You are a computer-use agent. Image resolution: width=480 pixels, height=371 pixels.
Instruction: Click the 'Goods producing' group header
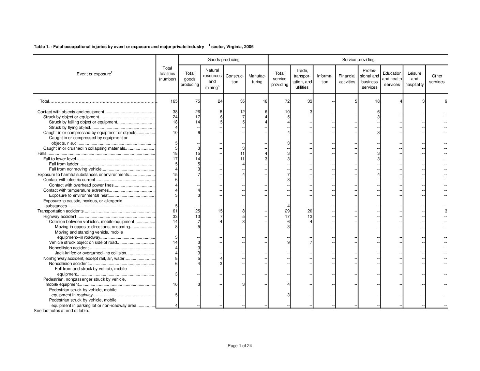pos(223,60)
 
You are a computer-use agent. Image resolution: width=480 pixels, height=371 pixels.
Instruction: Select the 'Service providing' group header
pos(358,60)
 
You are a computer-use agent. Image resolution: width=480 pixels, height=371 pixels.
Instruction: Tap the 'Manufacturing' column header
pos(257,79)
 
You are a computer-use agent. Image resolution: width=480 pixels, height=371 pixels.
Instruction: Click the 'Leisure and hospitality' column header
pos(414,79)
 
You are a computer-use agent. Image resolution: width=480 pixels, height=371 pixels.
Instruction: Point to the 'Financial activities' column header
pos(347,79)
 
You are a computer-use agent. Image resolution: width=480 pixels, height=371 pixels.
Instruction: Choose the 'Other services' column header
pos(437,79)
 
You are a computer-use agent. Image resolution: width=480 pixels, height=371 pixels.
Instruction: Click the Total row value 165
pos(174,101)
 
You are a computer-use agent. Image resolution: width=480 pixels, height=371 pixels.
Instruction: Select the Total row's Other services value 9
pos(446,101)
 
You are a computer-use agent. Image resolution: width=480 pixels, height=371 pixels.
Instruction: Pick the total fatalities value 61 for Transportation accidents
pos(175,211)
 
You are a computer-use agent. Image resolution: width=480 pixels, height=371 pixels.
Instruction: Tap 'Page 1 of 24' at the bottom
pos(240,346)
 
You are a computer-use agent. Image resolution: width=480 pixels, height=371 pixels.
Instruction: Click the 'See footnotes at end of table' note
pos(61,311)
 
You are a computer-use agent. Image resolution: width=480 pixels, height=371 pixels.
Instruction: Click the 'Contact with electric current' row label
pos(69,180)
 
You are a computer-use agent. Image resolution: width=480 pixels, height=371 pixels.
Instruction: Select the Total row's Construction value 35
pos(242,101)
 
